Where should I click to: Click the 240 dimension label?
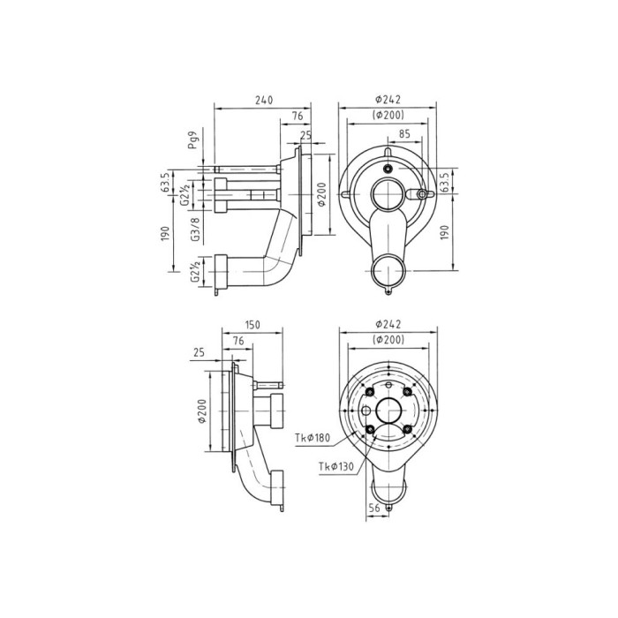(264, 100)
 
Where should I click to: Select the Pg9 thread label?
(192, 139)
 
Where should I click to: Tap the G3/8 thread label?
(195, 230)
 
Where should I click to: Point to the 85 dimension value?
(404, 134)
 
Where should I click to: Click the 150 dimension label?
(252, 324)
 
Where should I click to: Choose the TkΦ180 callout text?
(313, 438)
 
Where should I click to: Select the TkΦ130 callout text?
(336, 467)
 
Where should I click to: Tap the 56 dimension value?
(374, 508)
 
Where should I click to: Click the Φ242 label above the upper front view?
(388, 99)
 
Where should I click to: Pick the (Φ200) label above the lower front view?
(388, 340)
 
